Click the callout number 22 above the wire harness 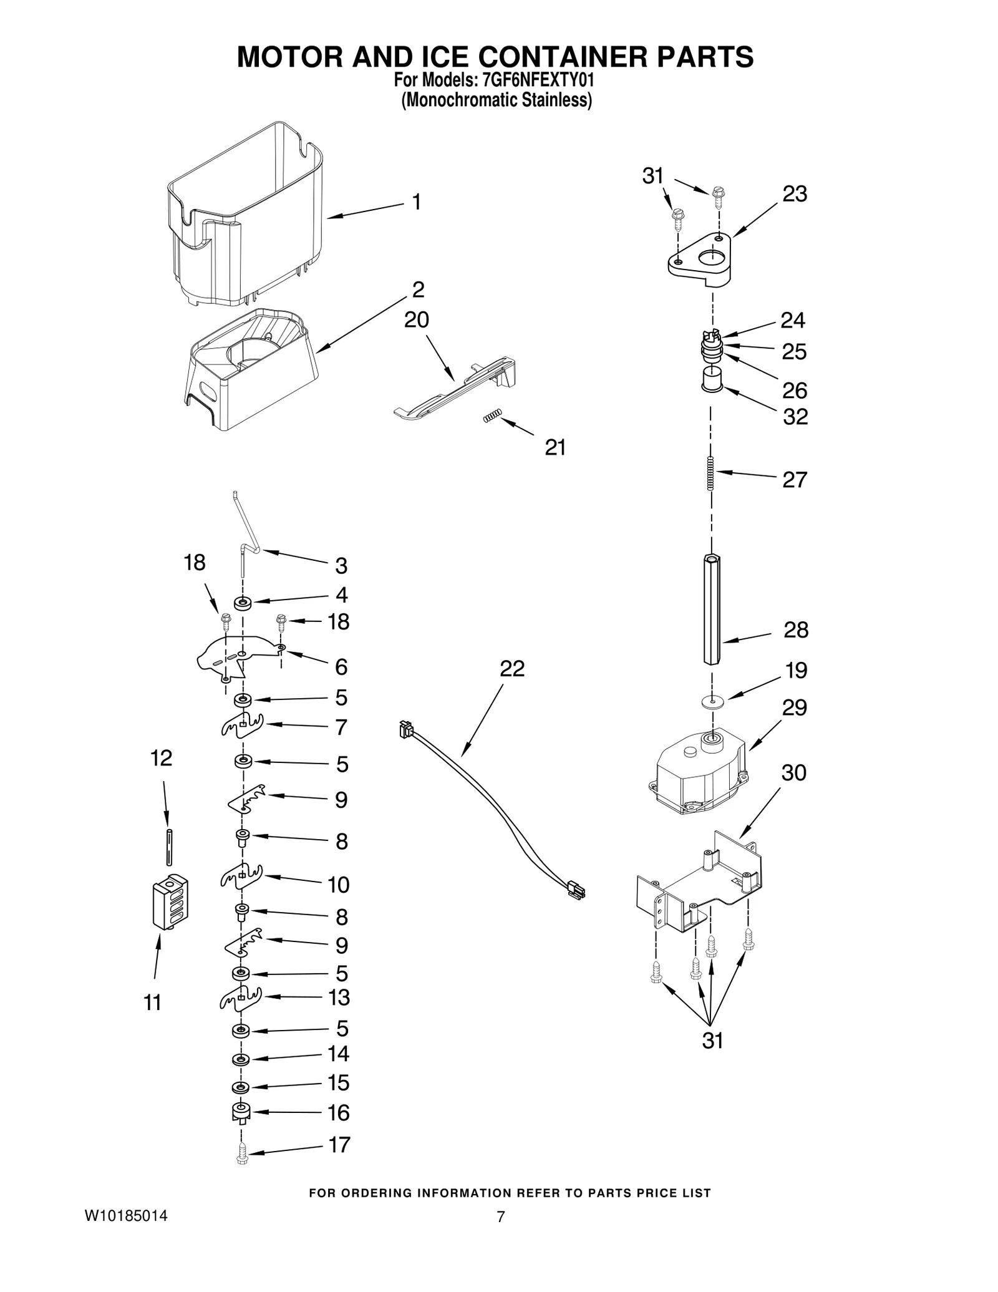point(512,668)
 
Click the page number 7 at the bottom point(500,1217)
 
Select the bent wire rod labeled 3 point(245,530)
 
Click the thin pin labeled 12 point(169,847)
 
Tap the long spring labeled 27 point(711,474)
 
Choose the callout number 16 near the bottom point(339,1112)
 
